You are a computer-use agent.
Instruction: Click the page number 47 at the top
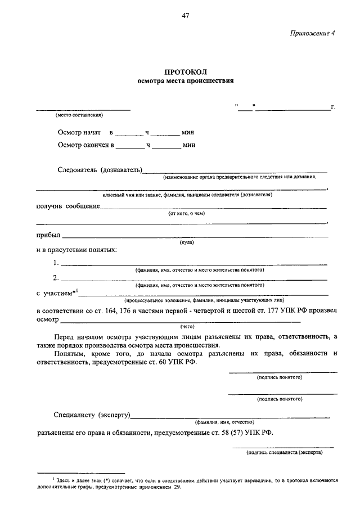pyautogui.click(x=185, y=15)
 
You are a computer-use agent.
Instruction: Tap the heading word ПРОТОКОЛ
pyautogui.click(x=186, y=71)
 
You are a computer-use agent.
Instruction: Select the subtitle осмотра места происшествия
pyautogui.click(x=186, y=81)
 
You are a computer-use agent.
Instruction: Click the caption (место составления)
pyautogui.click(x=79, y=115)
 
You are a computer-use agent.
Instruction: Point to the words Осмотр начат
pyautogui.click(x=79, y=133)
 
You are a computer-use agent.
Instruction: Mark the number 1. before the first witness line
pyautogui.click(x=56, y=262)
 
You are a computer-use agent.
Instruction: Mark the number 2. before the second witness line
pyautogui.click(x=56, y=277)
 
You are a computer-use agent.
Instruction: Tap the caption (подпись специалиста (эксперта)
pyautogui.click(x=284, y=452)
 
